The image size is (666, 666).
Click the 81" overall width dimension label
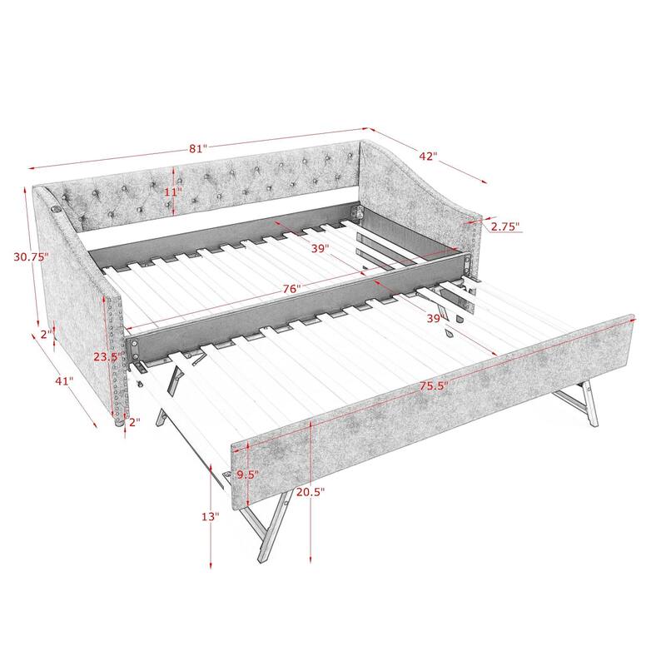[x=197, y=149]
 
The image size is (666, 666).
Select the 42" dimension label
[x=427, y=156]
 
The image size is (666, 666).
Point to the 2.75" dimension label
[x=504, y=226]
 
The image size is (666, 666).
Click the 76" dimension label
[x=291, y=289]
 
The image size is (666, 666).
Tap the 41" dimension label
[x=63, y=381]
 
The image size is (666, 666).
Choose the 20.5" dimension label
[x=310, y=492]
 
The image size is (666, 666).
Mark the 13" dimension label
[x=210, y=517]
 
